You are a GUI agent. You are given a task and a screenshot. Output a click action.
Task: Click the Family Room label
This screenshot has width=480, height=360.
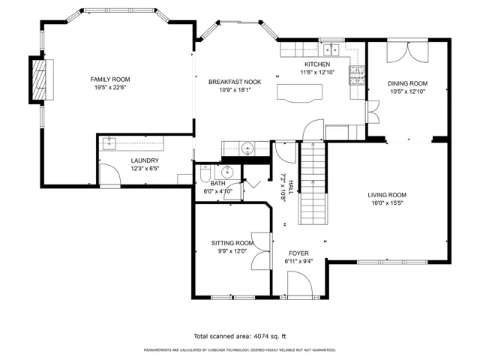point(110,79)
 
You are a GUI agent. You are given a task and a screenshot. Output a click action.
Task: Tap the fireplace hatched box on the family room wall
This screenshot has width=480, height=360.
point(39,79)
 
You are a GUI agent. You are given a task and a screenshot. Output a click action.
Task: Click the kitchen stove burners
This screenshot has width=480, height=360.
point(357,75)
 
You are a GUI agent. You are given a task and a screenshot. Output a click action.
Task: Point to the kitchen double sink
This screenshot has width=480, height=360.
point(331,50)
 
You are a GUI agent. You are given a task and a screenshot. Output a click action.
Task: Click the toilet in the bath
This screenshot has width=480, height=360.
point(205,173)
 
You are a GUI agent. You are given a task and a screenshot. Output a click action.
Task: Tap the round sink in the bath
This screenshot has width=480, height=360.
point(227,172)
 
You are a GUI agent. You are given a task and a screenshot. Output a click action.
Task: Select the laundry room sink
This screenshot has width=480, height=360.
point(109,143)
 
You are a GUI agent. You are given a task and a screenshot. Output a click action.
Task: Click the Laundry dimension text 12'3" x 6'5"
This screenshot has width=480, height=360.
point(145,168)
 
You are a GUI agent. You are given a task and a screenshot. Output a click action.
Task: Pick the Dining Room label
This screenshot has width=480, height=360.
point(407,83)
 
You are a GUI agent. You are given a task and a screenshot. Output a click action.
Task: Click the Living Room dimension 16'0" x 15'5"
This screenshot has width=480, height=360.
point(387,202)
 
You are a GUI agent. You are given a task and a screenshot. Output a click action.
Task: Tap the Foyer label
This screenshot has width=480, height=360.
point(298,253)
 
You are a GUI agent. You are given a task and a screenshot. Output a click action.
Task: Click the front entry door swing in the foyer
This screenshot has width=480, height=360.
point(300,283)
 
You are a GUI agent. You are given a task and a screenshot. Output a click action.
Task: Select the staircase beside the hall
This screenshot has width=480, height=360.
point(313,183)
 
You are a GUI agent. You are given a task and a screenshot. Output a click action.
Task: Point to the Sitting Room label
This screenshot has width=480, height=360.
point(232,243)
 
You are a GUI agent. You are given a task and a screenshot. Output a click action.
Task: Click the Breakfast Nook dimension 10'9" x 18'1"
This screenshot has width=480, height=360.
point(235,90)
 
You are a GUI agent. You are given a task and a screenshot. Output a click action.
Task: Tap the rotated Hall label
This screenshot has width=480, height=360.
point(291,187)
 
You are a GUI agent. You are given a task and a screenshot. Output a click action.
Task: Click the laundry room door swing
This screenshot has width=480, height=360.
point(110,175)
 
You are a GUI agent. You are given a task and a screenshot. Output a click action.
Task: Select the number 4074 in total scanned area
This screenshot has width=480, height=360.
point(261,337)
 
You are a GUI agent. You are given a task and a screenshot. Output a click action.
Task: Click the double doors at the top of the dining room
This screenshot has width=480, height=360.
point(407,52)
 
